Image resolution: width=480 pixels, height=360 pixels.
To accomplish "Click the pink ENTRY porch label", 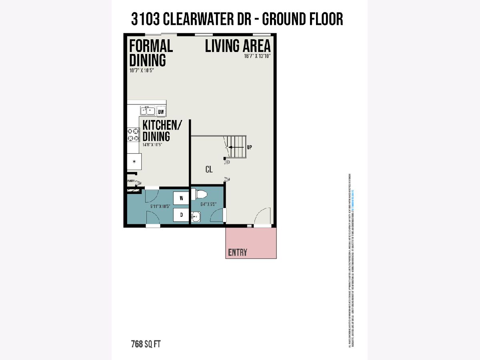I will tap(238, 252).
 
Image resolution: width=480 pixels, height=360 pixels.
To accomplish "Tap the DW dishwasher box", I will tap(161, 112).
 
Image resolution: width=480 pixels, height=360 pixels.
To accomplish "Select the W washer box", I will tap(181, 198).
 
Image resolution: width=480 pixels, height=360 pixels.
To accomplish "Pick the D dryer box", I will tap(181, 215).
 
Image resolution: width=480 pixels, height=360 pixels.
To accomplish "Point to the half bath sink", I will tap(196, 217).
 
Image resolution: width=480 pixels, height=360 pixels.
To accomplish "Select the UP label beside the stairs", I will tap(250, 147).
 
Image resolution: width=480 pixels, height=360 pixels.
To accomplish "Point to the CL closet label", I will tap(209, 170).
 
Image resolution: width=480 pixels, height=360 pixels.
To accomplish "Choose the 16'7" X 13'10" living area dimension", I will tap(258, 56).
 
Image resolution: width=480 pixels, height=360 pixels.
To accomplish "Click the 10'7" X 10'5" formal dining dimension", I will tap(142, 70).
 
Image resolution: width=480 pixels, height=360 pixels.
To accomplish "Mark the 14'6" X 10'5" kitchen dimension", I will tap(152, 144).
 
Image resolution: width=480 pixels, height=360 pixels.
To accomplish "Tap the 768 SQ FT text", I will tap(146, 344).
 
